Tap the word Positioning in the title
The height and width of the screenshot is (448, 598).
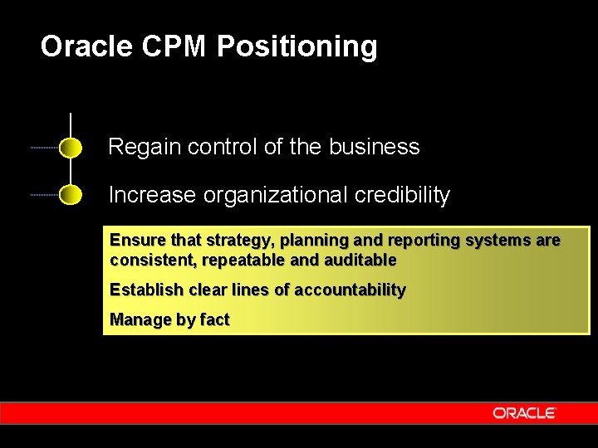click(x=297, y=47)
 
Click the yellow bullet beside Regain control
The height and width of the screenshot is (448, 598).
click(x=71, y=149)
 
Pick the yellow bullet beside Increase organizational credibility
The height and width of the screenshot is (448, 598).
click(x=71, y=196)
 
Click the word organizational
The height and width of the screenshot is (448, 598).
click(x=274, y=196)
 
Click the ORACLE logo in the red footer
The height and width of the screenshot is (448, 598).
click(x=523, y=413)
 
